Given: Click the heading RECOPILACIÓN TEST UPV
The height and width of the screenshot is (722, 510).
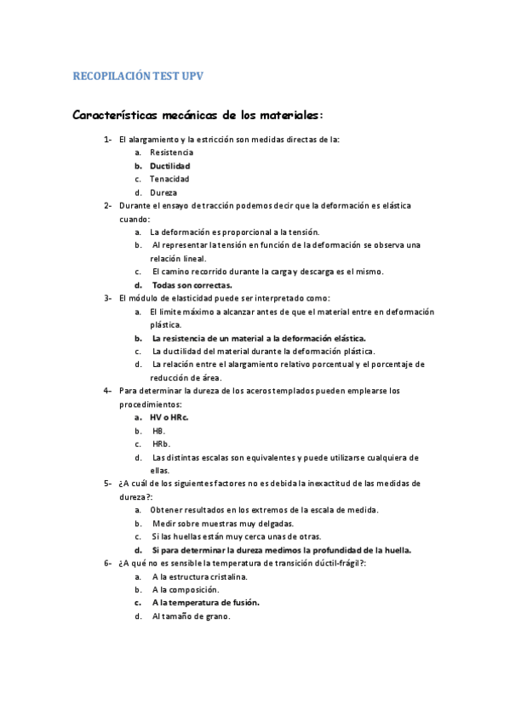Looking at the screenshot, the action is coord(138,77).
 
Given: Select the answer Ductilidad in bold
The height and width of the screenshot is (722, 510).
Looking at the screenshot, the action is coord(169,165).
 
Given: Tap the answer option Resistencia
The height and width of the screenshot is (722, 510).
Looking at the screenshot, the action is coord(171,152).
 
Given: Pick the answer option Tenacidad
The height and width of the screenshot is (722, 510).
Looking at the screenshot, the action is coord(169,179).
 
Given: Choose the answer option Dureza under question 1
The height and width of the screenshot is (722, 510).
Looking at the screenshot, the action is coord(163,192).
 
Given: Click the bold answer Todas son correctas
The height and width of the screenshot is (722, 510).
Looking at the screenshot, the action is coord(192,285).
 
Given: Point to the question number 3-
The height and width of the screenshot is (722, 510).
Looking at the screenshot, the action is coord(108,298).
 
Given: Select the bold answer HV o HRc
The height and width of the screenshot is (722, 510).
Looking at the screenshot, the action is coord(169,417).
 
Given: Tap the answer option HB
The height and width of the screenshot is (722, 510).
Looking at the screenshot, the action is coord(158,431).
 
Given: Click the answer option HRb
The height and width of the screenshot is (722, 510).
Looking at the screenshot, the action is coord(161,444).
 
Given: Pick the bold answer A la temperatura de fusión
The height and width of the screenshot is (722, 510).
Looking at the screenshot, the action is coord(205,603).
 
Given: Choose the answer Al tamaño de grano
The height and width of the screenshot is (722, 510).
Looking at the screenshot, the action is coord(191,616).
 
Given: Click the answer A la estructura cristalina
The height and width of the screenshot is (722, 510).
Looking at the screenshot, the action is coord(199,576).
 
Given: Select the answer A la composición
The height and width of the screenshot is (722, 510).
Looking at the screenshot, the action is coord(185,589).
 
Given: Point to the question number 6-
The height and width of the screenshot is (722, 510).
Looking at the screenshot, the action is coord(108,563).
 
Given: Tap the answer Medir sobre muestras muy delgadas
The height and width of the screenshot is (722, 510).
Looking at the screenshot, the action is coord(223,523).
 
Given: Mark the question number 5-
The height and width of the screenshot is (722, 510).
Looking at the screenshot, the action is coord(108,484).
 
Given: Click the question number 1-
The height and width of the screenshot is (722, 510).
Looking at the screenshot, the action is coord(108,139).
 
